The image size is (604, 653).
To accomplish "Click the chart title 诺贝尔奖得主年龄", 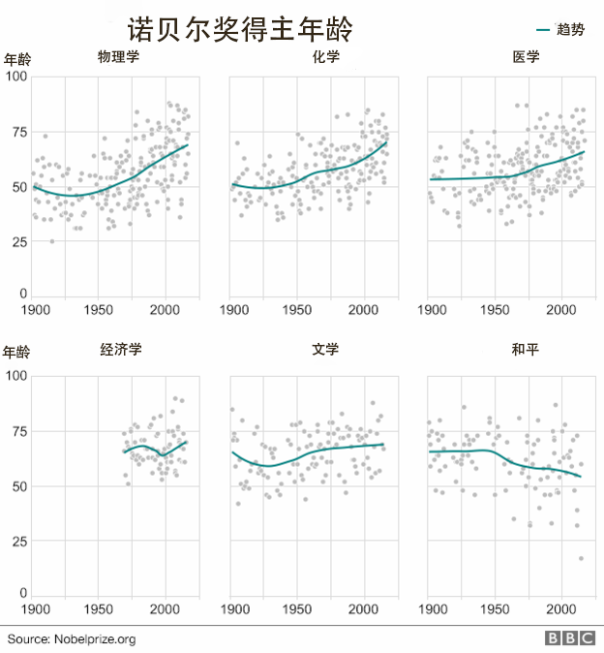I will [239, 30].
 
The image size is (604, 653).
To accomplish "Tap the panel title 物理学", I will [118, 57].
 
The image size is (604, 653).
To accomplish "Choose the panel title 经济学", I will [121, 350].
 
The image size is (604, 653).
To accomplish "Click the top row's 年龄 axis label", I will [17, 59].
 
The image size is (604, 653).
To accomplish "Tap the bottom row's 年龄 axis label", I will [17, 351].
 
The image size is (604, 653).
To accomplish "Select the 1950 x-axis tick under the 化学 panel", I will [296, 310].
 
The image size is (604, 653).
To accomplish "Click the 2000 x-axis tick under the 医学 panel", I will [561, 310].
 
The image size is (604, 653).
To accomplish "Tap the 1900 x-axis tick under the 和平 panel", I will [431, 609].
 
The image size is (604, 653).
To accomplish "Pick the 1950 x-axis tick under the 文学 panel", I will [296, 609].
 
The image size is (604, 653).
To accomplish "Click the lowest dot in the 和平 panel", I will [582, 558].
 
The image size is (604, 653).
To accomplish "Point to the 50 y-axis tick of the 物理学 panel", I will [20, 186].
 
